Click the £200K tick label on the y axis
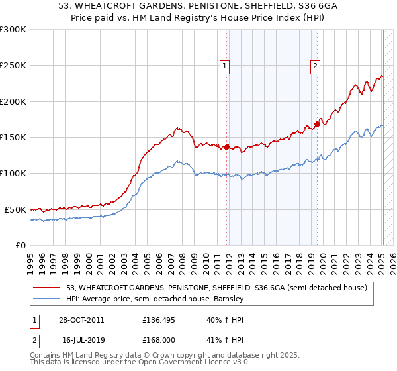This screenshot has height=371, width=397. pyautogui.click(x=13, y=102)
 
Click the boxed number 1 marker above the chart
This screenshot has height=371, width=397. pyautogui.click(x=225, y=66)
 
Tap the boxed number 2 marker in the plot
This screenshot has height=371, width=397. pyautogui.click(x=316, y=66)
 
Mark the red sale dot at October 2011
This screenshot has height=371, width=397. pyautogui.click(x=227, y=147)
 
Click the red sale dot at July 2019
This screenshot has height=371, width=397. pyautogui.click(x=318, y=124)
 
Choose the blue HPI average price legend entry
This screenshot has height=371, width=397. pyautogui.click(x=155, y=299)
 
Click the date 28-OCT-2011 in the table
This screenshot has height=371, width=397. pyautogui.click(x=81, y=320)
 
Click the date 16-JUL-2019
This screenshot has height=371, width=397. pyautogui.click(x=81, y=339)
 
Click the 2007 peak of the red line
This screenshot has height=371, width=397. pyautogui.click(x=177, y=127)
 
